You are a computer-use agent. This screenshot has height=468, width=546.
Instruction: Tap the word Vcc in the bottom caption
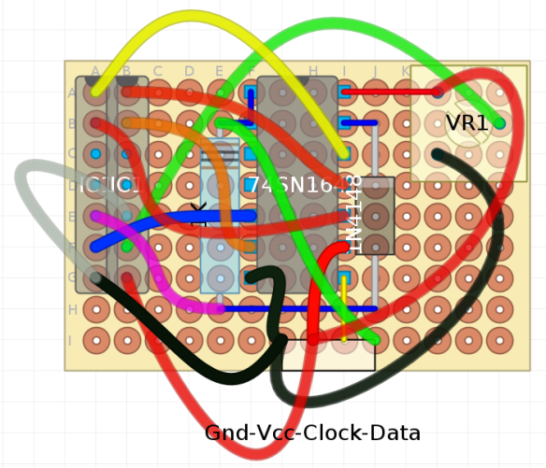point(266,433)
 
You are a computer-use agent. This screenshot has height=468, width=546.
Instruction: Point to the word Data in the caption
point(395,433)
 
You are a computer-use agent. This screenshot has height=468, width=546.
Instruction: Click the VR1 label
point(467,123)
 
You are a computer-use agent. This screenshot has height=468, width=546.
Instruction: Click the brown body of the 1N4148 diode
point(377,216)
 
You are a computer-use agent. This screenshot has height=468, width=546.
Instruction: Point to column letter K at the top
point(406,71)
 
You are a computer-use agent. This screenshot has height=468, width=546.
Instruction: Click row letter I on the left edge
point(70,340)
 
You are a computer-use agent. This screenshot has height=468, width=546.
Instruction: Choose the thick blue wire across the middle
point(178,224)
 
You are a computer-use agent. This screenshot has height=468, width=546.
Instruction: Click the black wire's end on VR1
point(438,154)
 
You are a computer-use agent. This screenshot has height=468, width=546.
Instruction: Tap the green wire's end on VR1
point(498,122)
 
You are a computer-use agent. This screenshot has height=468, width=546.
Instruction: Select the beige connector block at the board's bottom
point(328,355)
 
